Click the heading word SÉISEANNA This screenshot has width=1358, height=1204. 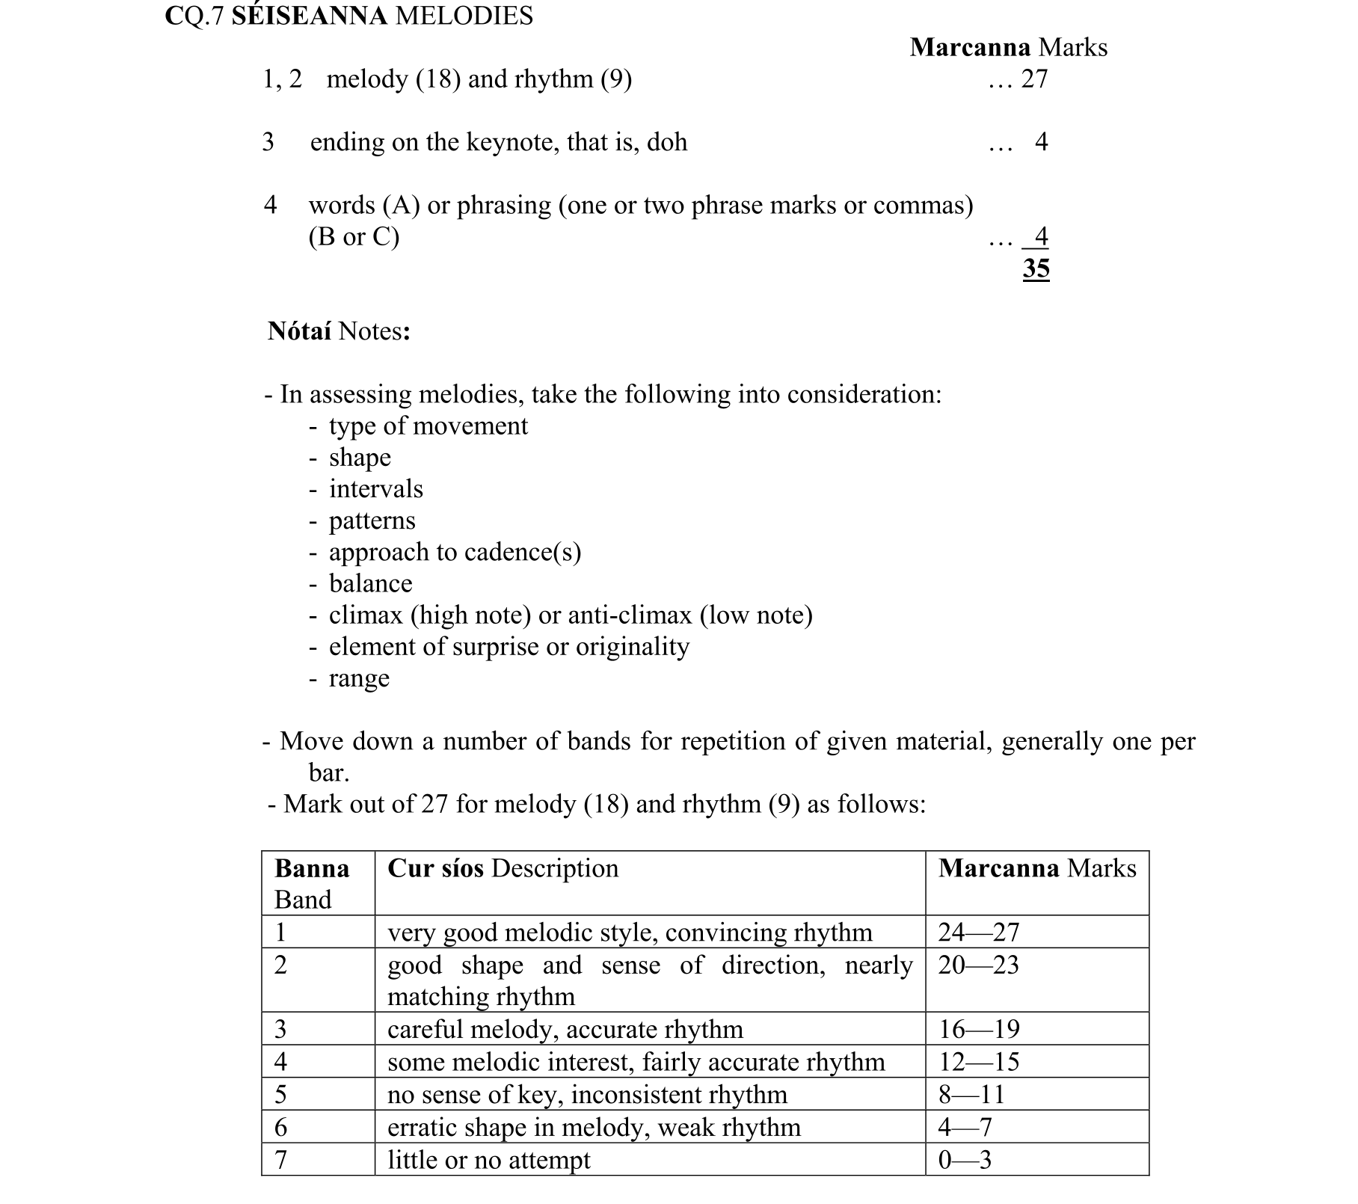(x=309, y=16)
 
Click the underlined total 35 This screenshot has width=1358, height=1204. (x=1036, y=268)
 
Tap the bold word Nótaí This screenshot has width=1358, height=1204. (x=299, y=331)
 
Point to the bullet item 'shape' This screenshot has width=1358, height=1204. (x=360, y=458)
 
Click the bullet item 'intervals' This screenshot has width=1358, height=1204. (x=375, y=489)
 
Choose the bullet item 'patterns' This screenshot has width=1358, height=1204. (x=372, y=520)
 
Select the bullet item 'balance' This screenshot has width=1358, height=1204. (x=370, y=583)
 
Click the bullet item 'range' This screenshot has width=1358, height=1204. (x=359, y=678)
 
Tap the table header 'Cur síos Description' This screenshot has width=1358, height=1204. (x=503, y=868)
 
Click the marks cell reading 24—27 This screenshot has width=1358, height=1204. (x=979, y=933)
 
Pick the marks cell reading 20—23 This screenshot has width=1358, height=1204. (x=978, y=965)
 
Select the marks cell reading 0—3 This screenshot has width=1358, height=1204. (x=965, y=1160)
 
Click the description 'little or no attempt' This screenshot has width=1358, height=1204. (x=488, y=1160)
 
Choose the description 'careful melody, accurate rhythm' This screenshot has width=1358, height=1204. (x=565, y=1030)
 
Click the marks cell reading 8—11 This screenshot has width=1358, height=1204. (x=971, y=1095)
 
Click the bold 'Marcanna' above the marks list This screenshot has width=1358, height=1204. (x=970, y=48)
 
